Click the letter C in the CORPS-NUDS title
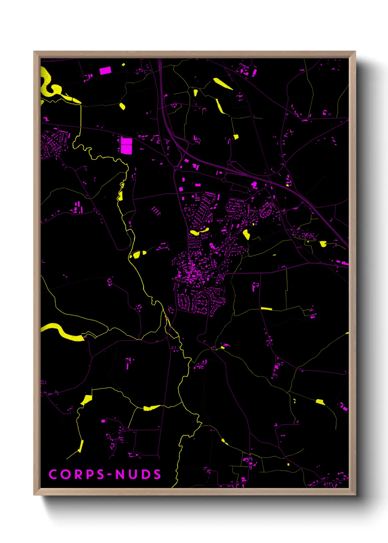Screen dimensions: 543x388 (53, 474)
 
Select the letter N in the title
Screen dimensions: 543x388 (120, 474)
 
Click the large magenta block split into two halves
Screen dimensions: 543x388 (127, 146)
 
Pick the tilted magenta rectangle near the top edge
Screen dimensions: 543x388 (105, 70)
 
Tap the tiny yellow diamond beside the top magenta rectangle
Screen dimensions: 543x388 (124, 65)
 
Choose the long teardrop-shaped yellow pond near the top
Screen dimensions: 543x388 (223, 84)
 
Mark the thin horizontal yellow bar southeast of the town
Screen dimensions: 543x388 (266, 309)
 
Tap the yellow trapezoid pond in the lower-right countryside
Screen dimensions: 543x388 (320, 402)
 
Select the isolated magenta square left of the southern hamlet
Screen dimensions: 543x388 (103, 421)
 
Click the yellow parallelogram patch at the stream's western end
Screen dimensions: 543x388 (87, 400)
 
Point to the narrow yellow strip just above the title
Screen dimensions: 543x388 (81, 446)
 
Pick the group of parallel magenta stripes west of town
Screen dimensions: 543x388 (156, 211)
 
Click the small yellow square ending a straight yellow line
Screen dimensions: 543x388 (236, 137)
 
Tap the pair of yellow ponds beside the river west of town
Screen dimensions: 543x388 (138, 254)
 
